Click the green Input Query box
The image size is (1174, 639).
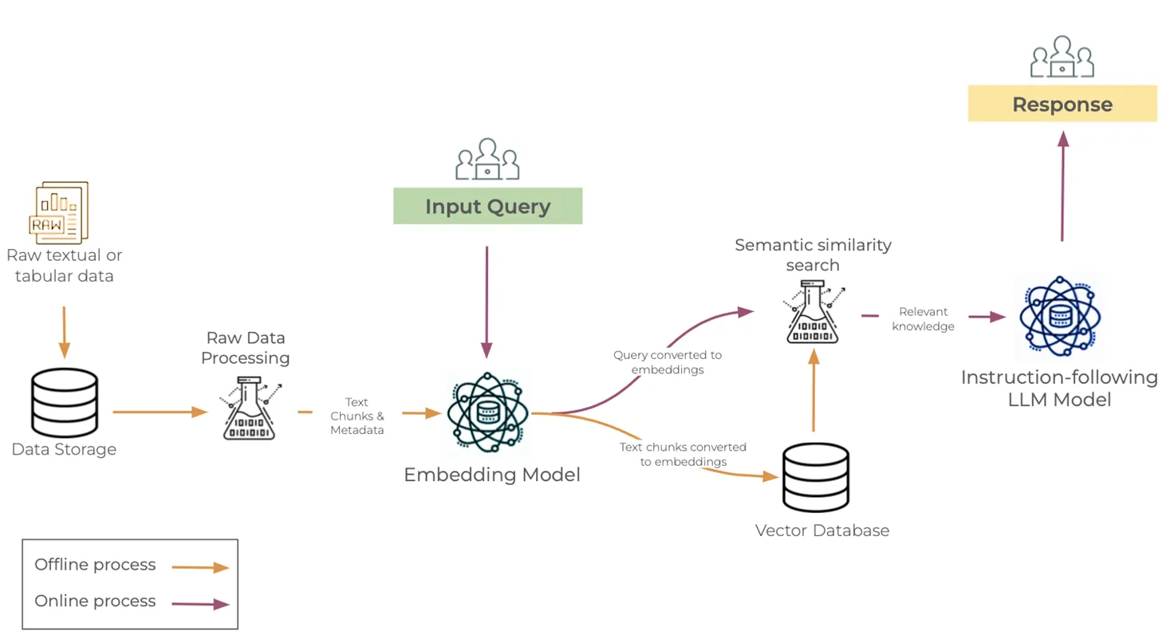click(x=487, y=206)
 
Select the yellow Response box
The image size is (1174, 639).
click(x=1062, y=104)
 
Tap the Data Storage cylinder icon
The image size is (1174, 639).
click(x=65, y=403)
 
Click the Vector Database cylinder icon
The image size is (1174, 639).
click(x=816, y=478)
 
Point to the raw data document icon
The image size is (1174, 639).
click(x=59, y=212)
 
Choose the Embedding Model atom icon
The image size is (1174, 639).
click(x=487, y=412)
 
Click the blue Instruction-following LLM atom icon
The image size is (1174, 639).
click(x=1060, y=317)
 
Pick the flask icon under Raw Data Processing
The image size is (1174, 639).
click(x=250, y=408)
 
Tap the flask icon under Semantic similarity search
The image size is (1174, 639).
click(x=813, y=312)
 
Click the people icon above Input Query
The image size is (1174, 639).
click(x=487, y=159)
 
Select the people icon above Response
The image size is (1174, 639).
click(x=1062, y=57)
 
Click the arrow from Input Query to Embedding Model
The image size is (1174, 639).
click(x=487, y=302)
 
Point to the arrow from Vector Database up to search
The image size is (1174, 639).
click(x=814, y=391)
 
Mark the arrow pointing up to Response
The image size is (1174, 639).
click(x=1063, y=186)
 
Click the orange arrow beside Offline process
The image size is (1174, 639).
click(x=201, y=567)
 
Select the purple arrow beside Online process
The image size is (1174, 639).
click(x=201, y=604)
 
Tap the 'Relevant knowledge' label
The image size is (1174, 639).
click(x=923, y=319)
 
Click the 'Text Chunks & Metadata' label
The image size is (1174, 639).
click(x=357, y=416)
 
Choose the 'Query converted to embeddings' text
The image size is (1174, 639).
click(x=668, y=362)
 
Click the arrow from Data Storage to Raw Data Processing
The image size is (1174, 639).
click(x=160, y=412)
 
